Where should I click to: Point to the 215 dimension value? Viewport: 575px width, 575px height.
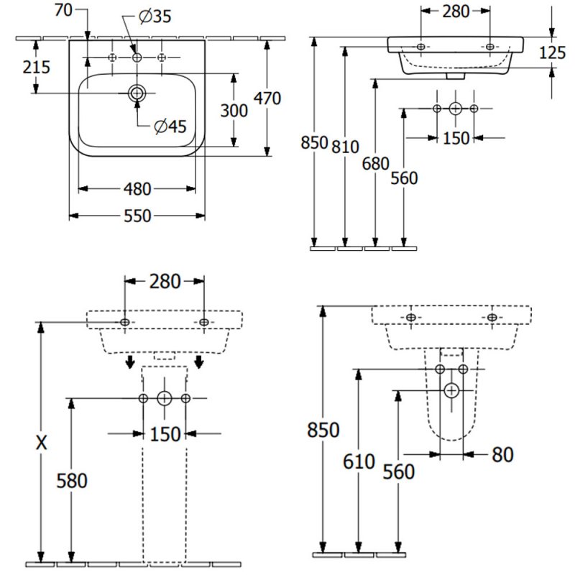coord(37,67)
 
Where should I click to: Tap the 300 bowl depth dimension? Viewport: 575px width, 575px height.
coord(234,111)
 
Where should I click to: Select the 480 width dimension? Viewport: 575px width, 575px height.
coord(137,189)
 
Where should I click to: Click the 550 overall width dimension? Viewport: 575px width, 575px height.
coord(137,215)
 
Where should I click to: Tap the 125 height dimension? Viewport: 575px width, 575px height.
coord(552,52)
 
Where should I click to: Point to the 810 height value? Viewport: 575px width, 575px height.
coord(346,147)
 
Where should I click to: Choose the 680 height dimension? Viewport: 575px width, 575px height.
coord(375,164)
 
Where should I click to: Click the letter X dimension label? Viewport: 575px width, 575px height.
coord(42,443)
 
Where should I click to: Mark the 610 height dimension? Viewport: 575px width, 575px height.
coord(359,461)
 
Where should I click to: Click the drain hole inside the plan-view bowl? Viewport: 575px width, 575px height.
coord(137,93)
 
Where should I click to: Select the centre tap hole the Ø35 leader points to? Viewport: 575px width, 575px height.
coord(137,57)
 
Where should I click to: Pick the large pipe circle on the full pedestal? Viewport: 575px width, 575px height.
coord(165,397)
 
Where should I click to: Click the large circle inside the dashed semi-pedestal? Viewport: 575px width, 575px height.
coord(451,390)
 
